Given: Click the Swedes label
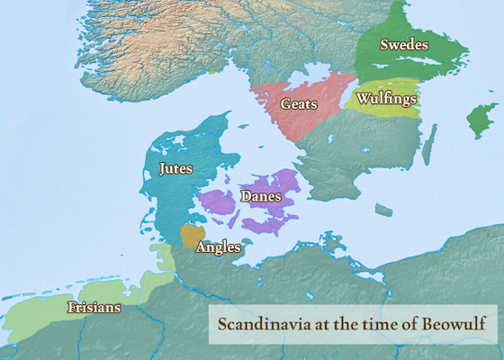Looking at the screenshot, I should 403,44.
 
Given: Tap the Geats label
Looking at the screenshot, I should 298,104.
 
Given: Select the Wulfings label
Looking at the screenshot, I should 386,97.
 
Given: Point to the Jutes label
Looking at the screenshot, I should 175,168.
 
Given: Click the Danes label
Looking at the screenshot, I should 261,195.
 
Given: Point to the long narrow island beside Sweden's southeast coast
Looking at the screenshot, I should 429,144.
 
